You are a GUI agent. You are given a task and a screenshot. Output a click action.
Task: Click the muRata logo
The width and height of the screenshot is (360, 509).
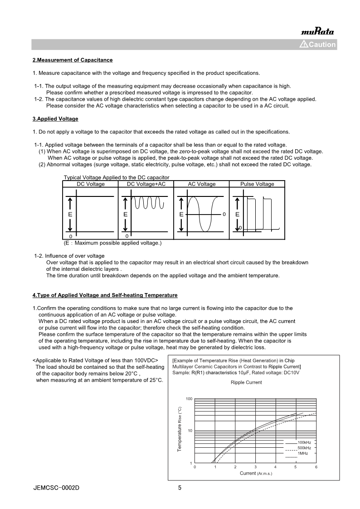(317, 31)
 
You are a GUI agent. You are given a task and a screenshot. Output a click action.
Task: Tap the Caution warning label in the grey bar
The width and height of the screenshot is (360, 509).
(318, 44)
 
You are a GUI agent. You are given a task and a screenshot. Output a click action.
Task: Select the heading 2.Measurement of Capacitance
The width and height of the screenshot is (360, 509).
(73, 60)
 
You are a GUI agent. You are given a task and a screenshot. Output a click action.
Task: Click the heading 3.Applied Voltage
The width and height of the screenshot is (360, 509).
(55, 119)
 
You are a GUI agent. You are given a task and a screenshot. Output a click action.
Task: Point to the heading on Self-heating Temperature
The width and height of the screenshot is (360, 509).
(105, 295)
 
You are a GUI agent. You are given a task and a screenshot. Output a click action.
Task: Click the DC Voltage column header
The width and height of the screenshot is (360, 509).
(90, 184)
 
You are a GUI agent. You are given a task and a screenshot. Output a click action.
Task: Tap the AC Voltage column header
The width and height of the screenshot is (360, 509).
(202, 184)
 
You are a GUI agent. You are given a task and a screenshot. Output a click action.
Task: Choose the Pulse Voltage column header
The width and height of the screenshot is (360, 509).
(257, 184)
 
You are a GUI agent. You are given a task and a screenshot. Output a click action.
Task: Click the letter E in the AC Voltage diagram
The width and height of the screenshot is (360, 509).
(181, 214)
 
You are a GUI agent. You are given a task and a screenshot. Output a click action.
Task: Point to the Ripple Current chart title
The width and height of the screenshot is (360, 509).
(246, 382)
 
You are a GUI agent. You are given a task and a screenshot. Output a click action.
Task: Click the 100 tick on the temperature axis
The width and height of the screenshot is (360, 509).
(189, 399)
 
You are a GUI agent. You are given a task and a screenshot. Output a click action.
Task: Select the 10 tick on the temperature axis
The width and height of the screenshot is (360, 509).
(190, 431)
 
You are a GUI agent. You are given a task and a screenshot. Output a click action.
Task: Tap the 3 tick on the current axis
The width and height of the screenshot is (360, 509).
(255, 467)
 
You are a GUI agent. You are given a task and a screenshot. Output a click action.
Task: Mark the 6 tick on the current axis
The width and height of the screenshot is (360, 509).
(316, 467)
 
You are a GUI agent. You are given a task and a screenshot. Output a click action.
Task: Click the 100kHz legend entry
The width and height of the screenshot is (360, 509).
(304, 442)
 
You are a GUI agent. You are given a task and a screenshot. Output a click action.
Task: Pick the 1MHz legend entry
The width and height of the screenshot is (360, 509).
(302, 453)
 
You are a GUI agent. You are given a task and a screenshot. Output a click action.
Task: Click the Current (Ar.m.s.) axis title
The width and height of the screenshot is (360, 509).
(256, 473)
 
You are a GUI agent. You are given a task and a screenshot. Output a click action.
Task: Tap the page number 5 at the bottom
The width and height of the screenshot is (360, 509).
(180, 488)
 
